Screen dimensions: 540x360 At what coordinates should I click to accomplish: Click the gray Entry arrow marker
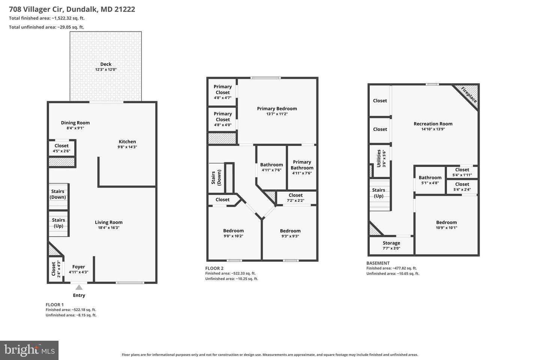(x=79, y=287)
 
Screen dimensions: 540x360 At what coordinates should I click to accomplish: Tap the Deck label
(x=106, y=64)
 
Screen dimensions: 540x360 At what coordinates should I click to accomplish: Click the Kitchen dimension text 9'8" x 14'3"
(x=127, y=147)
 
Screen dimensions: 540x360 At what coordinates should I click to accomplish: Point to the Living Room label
(x=109, y=222)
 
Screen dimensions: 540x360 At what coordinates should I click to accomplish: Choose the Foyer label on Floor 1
(x=79, y=267)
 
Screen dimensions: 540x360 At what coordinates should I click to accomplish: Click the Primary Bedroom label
(x=277, y=108)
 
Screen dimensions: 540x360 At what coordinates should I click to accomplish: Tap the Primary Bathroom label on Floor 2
(x=302, y=165)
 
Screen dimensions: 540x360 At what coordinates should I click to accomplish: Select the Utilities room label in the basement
(x=379, y=158)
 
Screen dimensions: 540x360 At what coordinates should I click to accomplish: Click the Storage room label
(x=391, y=243)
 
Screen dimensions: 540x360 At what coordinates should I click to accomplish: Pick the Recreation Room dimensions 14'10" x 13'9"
(x=433, y=129)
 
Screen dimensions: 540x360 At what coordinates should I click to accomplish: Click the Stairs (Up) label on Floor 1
(x=58, y=223)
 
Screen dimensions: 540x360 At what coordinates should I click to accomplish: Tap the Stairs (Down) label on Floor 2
(x=216, y=177)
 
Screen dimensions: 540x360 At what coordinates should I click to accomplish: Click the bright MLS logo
(x=29, y=350)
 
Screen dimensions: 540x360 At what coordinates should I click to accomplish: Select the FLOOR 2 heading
(x=214, y=268)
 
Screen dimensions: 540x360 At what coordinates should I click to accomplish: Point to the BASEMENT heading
(x=378, y=263)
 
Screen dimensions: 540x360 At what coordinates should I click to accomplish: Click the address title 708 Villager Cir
(x=36, y=9)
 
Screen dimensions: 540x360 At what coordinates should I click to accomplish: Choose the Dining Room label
(x=75, y=123)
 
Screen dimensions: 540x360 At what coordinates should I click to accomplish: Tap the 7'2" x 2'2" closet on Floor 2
(x=295, y=198)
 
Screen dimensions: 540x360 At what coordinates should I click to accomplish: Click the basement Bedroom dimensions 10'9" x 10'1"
(x=447, y=228)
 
